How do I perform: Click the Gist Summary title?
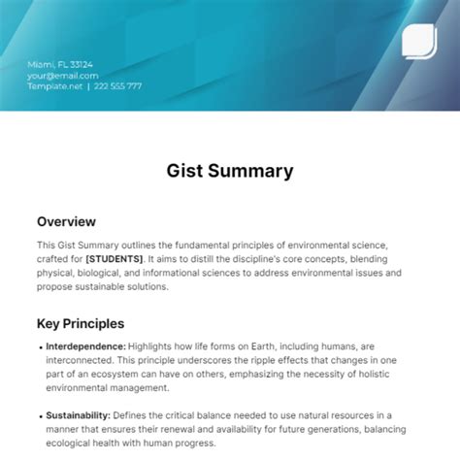[229, 171]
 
